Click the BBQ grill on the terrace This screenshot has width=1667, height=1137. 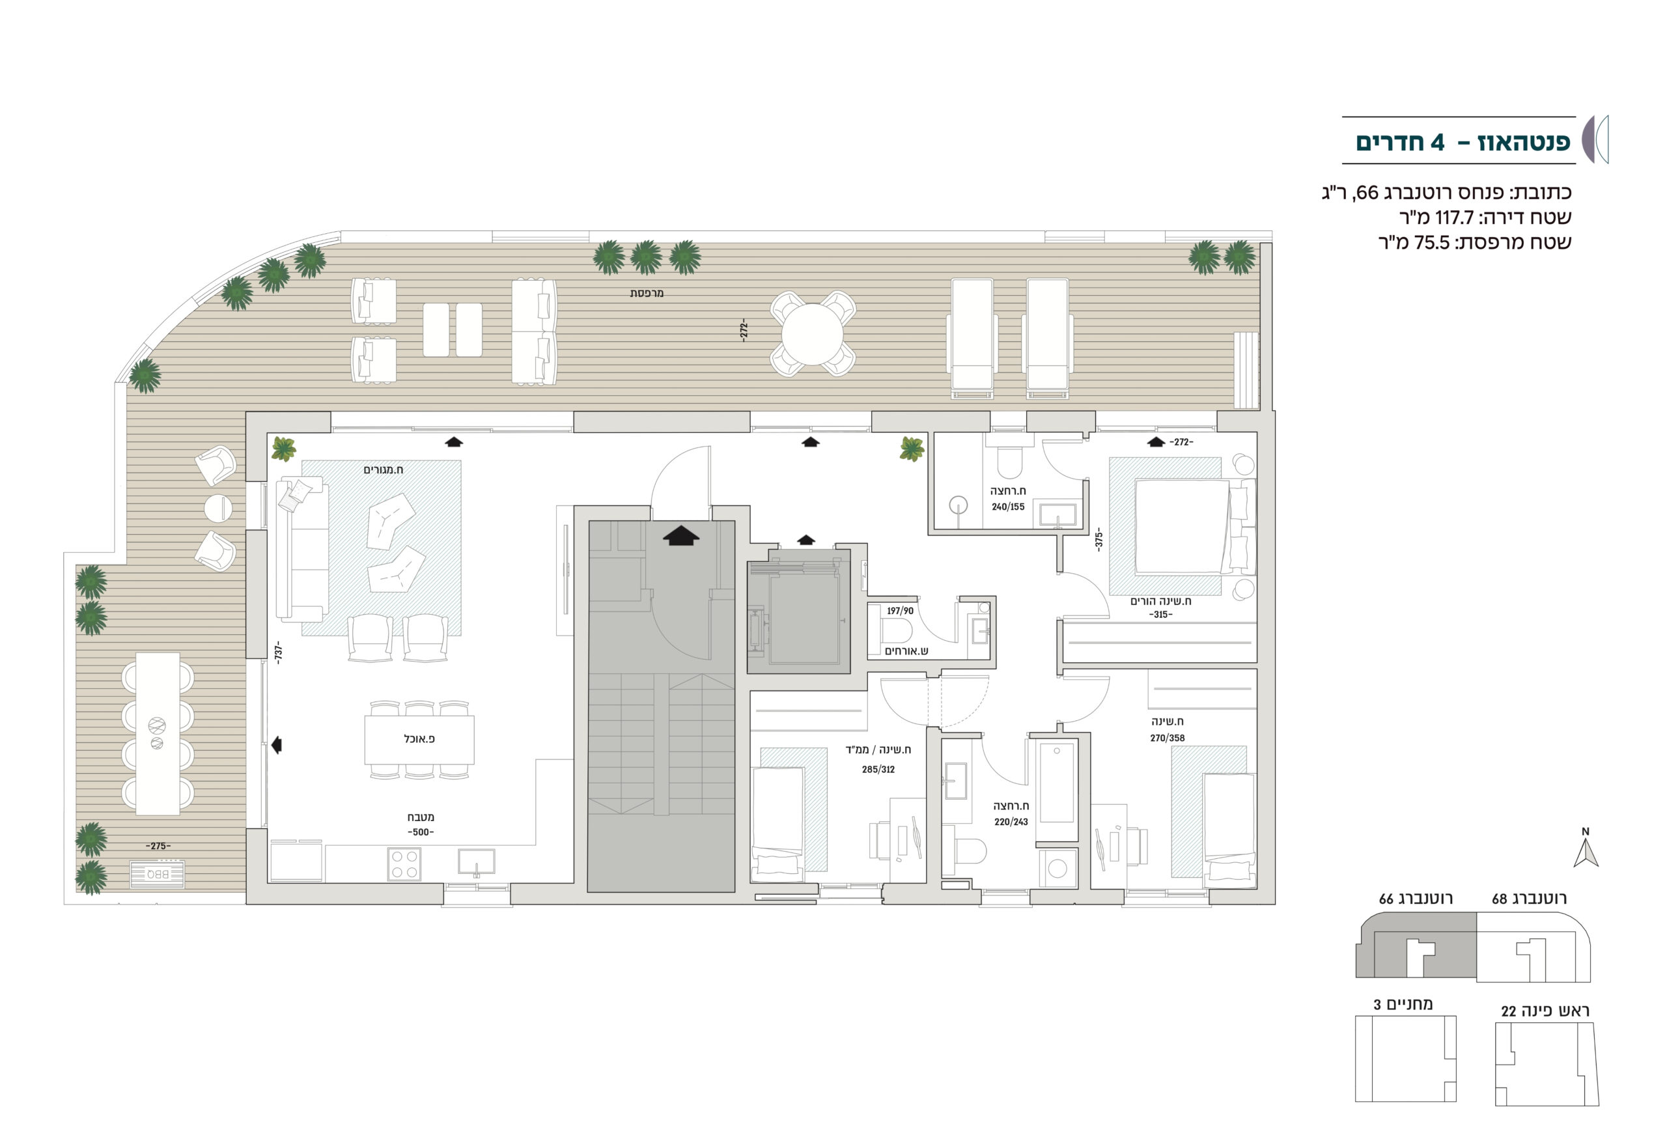point(156,874)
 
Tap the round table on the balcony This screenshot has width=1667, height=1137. point(812,333)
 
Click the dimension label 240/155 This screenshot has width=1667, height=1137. point(1008,507)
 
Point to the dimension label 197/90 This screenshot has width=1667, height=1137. point(900,611)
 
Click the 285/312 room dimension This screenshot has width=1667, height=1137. point(878,770)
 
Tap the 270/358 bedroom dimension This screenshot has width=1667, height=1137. point(1167,737)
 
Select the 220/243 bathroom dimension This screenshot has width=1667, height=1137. point(1011,822)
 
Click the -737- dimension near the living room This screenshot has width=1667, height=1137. point(278,652)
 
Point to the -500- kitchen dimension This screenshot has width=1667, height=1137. point(421,832)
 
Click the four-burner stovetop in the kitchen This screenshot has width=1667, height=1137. point(404,863)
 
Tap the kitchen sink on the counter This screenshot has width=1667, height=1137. point(476,862)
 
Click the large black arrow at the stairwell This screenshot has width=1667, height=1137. point(680,536)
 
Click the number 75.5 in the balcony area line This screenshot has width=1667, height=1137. point(1433,242)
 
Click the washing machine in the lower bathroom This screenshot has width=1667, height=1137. point(1058,869)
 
